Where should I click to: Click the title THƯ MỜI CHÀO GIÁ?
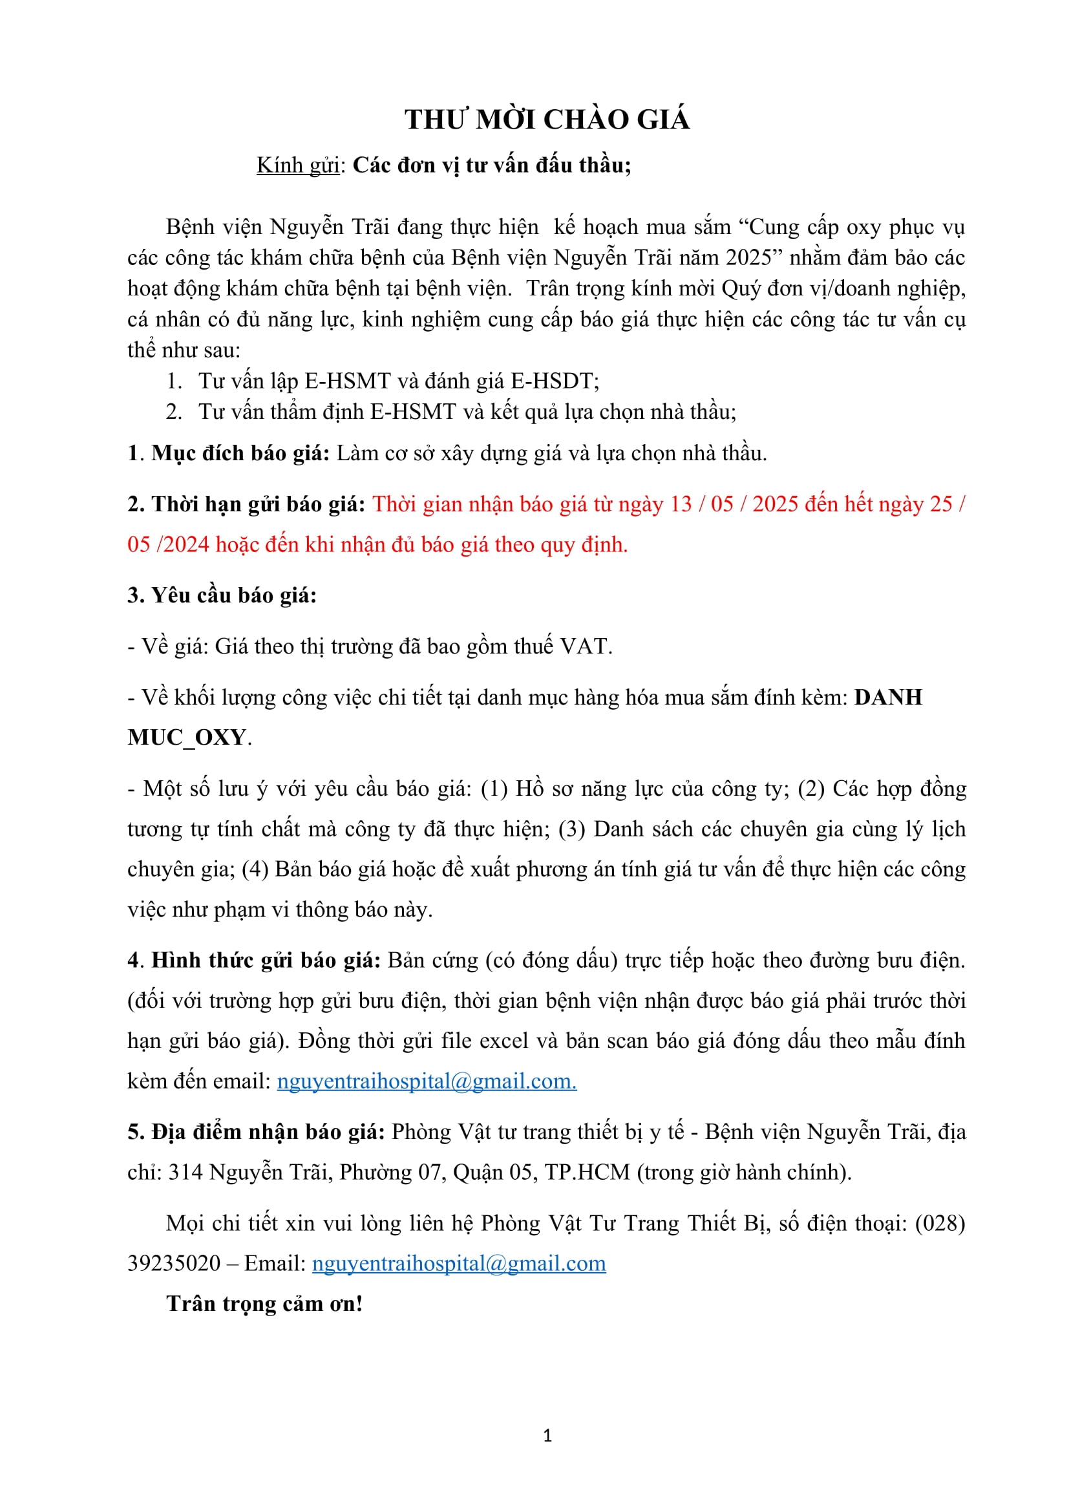coord(547,120)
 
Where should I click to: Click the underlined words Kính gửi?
coord(297,165)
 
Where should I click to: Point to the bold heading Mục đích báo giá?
coord(240,454)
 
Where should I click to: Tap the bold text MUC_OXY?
coord(187,738)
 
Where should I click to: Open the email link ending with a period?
coord(427,1081)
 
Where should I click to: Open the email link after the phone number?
coord(459,1264)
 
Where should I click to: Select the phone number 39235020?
coord(174,1264)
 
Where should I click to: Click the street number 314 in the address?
coord(185,1173)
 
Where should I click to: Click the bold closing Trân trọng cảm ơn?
coord(264,1304)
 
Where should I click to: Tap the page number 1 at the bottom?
coord(547,1436)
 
